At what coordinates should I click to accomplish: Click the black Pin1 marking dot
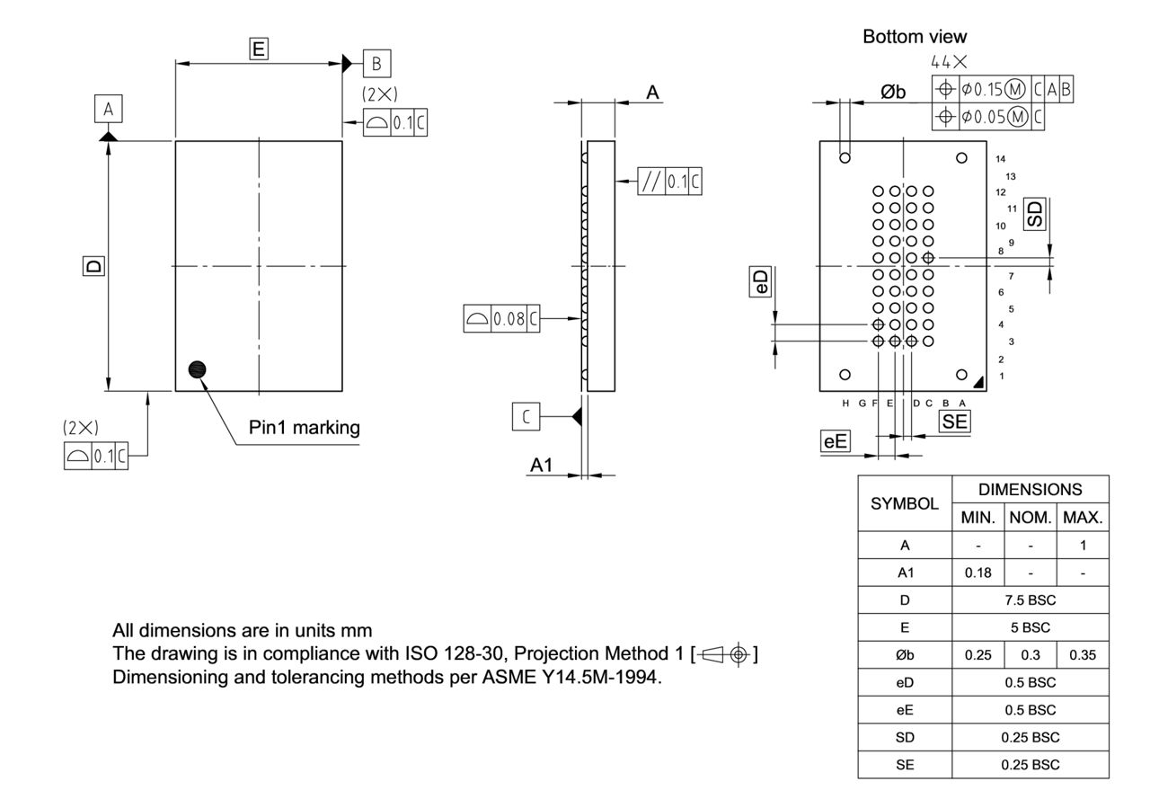click(x=197, y=369)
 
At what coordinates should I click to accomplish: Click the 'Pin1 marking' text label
click(x=304, y=428)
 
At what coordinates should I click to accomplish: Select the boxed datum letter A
click(x=108, y=110)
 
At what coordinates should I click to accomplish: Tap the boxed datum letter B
click(x=376, y=63)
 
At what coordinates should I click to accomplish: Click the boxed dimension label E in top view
click(x=259, y=49)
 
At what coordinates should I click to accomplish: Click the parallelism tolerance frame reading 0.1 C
click(x=669, y=182)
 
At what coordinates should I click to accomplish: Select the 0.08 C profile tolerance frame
click(x=502, y=318)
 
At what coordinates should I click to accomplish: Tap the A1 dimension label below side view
click(x=541, y=465)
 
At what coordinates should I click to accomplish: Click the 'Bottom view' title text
click(x=915, y=37)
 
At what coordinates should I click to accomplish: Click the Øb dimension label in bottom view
click(x=892, y=92)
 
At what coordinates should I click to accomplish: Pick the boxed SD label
click(x=1036, y=213)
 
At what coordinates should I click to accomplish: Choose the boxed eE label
click(x=835, y=441)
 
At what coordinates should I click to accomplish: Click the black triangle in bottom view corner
click(x=977, y=382)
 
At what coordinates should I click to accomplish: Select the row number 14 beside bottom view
click(x=1001, y=159)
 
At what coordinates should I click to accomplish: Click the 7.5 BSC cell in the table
click(x=1030, y=599)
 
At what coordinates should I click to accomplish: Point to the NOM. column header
click(x=1030, y=518)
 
